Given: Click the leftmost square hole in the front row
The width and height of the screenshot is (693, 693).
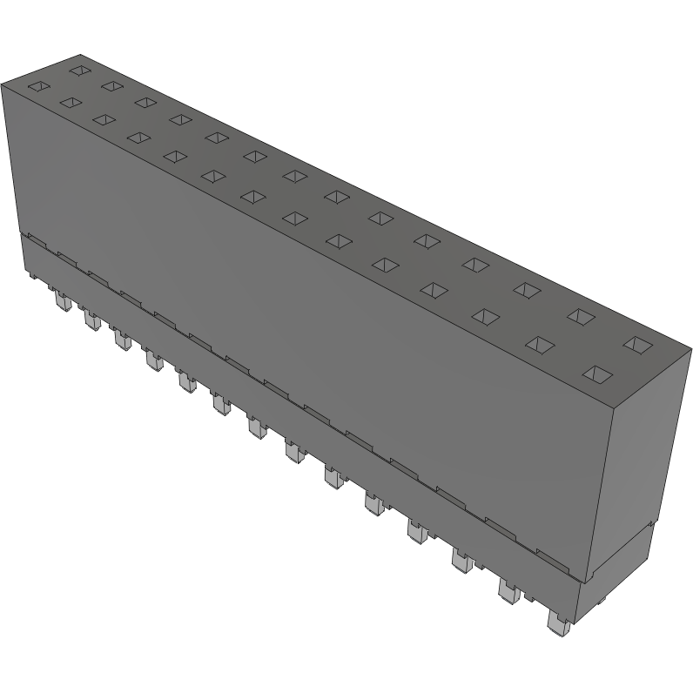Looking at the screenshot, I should (x=38, y=86).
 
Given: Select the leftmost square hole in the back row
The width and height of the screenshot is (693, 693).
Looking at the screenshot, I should (x=80, y=69).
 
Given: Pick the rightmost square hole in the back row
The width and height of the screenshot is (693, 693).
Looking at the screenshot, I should (x=637, y=345).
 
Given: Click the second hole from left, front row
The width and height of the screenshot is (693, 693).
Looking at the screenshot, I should (x=67, y=103).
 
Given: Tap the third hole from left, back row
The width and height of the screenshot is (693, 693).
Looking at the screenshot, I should (x=143, y=102).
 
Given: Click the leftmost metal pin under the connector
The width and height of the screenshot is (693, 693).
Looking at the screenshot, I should (x=62, y=302).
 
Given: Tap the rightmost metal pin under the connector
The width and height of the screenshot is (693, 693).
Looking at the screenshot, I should (x=555, y=620).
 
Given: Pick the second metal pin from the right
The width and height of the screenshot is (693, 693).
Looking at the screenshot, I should (x=508, y=591).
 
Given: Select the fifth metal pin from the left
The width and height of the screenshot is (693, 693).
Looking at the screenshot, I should (x=185, y=381).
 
